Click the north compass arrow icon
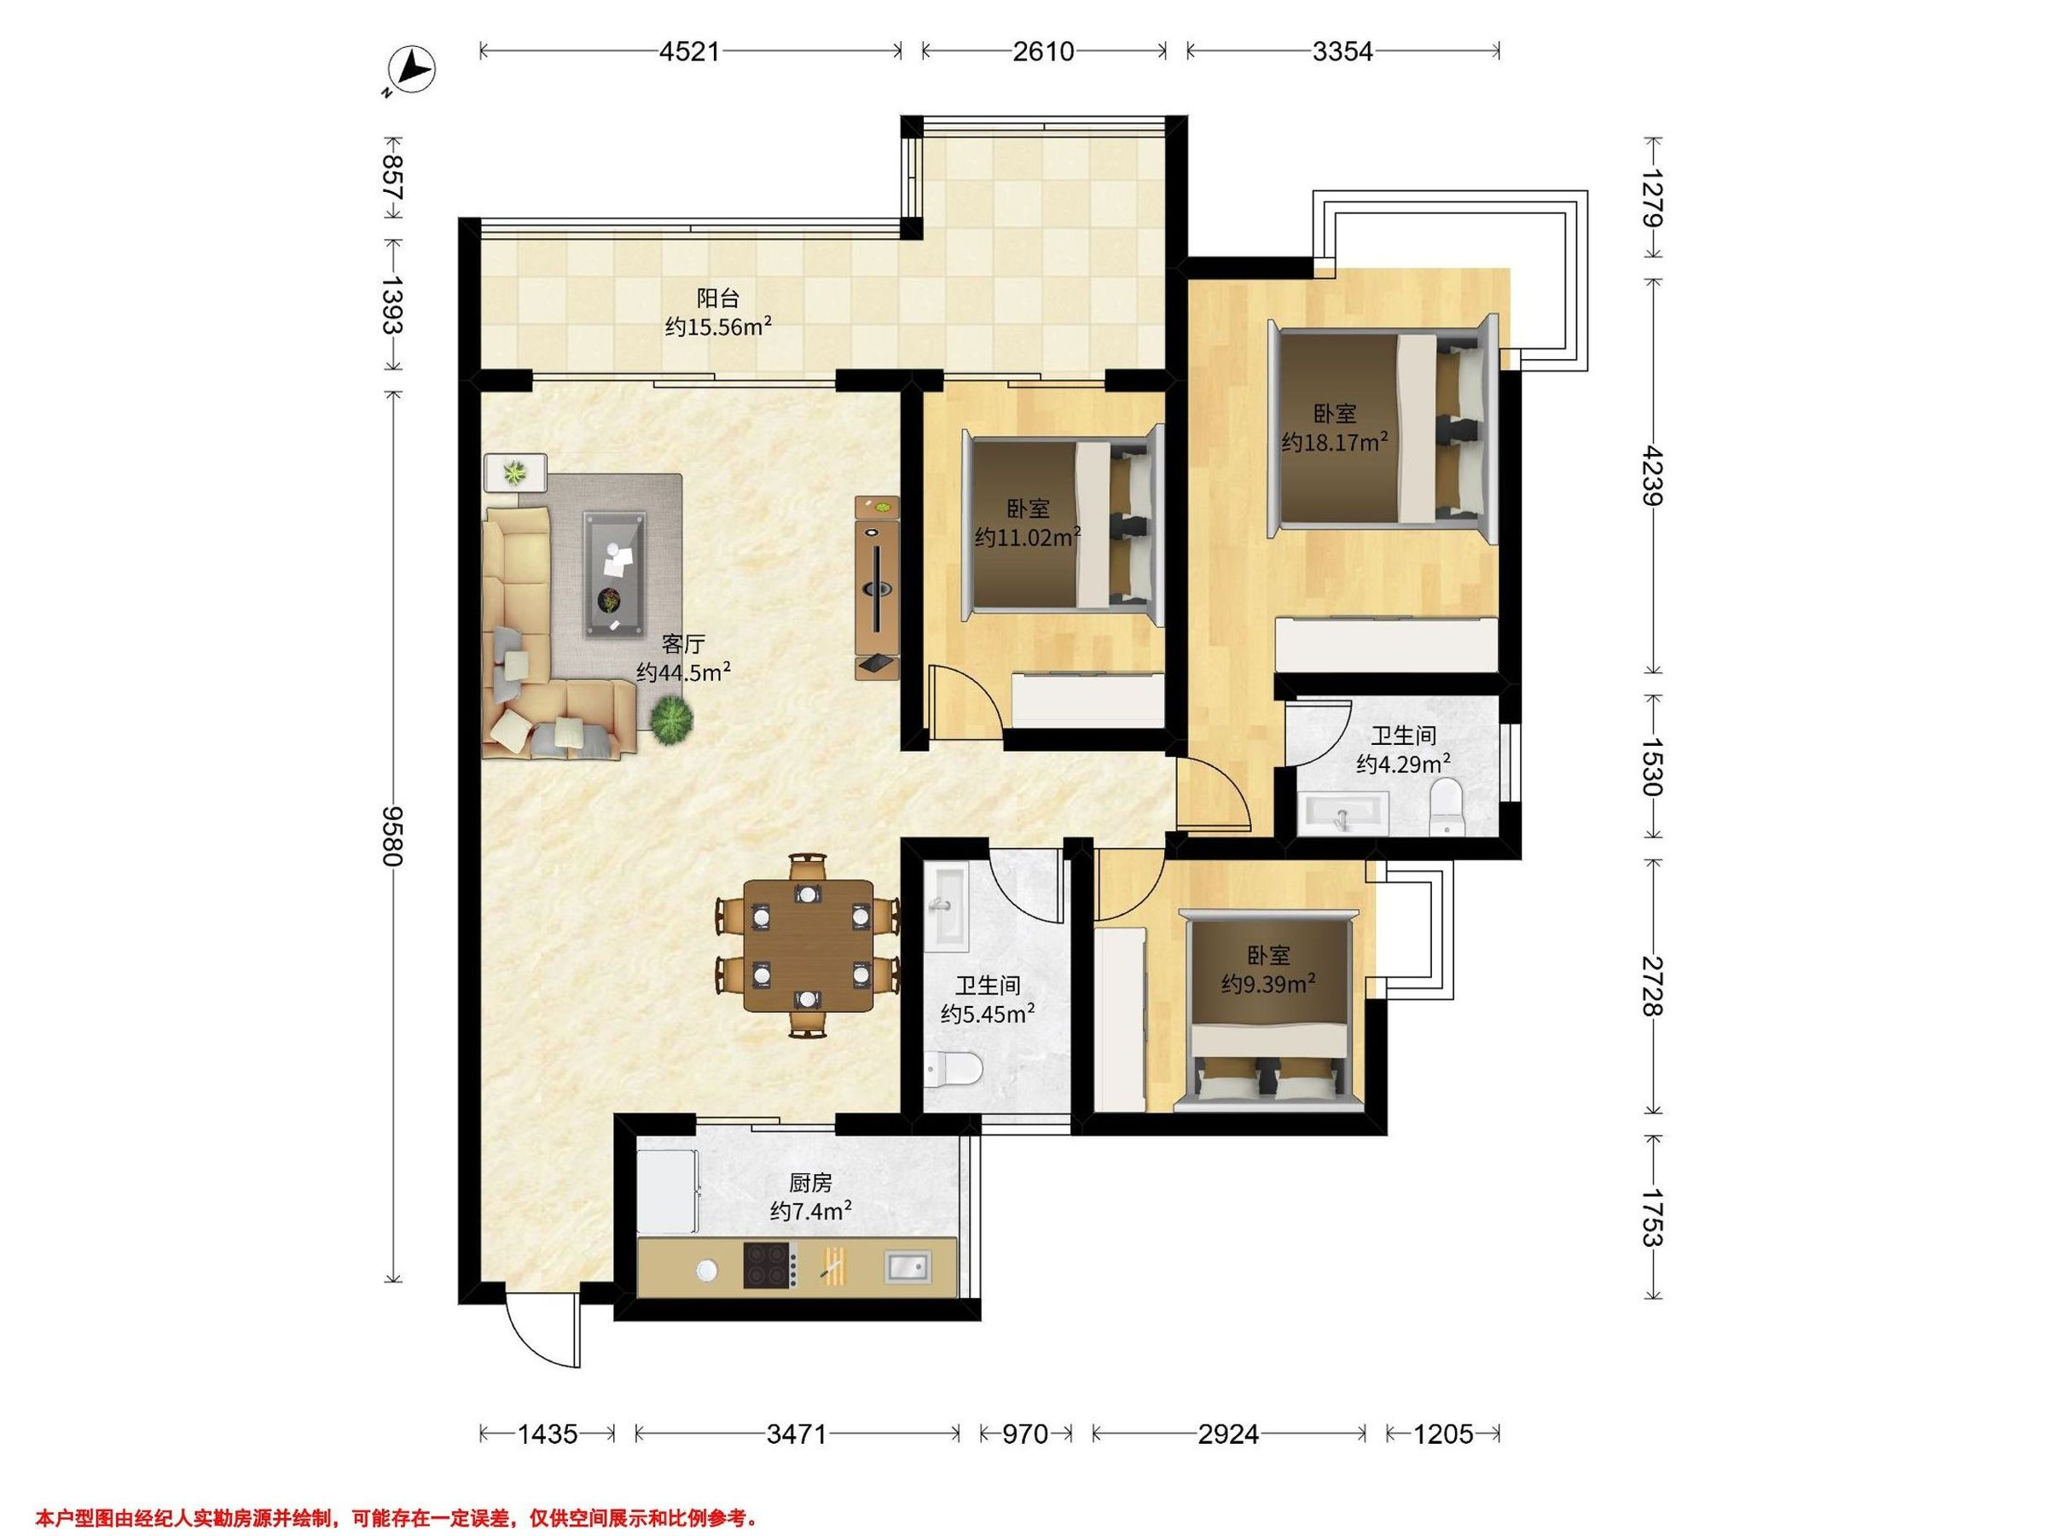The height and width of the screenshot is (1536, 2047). coord(413,70)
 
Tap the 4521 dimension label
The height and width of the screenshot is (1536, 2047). coord(689,51)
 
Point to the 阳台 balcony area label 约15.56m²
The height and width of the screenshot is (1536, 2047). coord(718,327)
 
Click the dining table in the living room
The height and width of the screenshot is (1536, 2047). coord(808,945)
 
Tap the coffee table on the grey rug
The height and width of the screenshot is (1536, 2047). coord(614,574)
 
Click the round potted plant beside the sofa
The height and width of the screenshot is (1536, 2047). coord(671,719)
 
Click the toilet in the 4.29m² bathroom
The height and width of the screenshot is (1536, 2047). coord(1446,805)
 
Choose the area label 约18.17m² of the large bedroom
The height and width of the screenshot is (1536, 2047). coord(1335,442)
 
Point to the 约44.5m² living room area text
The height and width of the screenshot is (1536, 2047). coord(684,672)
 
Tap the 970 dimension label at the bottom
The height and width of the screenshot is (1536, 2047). coord(1025,1434)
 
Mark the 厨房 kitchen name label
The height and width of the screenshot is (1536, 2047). coord(810,1183)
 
